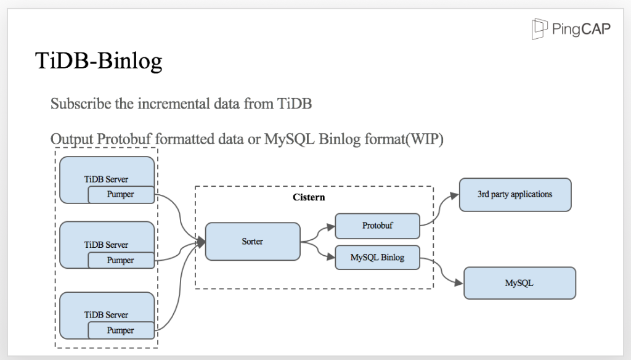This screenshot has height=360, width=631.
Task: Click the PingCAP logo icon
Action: [540, 30]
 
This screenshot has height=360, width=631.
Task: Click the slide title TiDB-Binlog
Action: [99, 61]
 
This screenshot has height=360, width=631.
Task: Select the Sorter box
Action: [253, 241]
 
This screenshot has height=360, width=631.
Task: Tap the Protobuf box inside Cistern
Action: [377, 226]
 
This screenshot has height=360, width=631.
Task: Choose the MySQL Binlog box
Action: [377, 258]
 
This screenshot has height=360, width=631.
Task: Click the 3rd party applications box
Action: [515, 194]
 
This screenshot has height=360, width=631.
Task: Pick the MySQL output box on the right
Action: [519, 284]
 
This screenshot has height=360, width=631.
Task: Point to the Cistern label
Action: [308, 198]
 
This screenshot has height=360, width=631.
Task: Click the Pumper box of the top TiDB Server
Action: [120, 195]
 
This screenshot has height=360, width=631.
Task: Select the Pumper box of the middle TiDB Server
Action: [120, 260]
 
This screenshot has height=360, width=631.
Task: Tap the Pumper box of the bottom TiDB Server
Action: [120, 330]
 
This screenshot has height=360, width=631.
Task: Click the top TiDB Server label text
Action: [106, 179]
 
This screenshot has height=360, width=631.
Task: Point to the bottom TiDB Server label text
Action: [106, 315]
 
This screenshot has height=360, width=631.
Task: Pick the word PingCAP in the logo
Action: [582, 30]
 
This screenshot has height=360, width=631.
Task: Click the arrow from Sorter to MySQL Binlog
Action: [318, 250]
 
